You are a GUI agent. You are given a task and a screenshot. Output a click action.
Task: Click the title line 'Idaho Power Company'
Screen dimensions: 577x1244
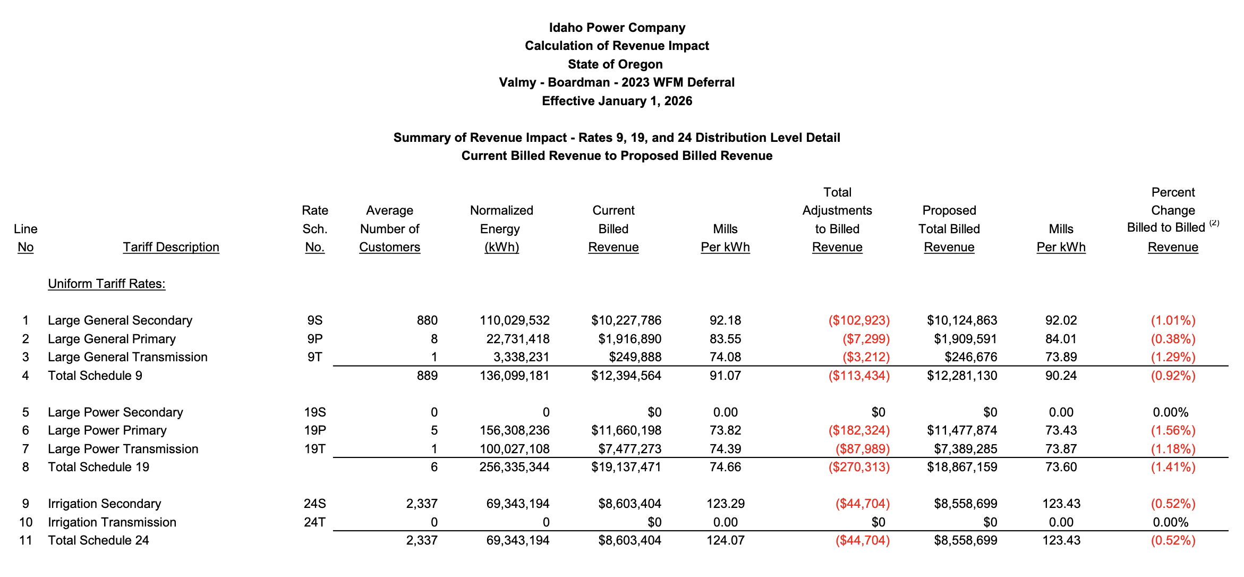pyautogui.click(x=617, y=28)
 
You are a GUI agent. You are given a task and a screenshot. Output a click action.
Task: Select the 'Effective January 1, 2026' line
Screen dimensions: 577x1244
pyautogui.click(x=617, y=101)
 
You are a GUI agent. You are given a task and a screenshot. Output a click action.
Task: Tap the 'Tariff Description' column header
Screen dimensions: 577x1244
pyautogui.click(x=171, y=247)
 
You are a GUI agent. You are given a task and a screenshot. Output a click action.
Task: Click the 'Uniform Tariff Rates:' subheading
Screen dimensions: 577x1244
pyautogui.click(x=106, y=284)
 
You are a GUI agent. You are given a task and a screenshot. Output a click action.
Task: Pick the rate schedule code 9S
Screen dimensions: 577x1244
pyautogui.click(x=314, y=320)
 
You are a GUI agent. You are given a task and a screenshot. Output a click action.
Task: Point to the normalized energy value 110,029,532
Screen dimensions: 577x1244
pyautogui.click(x=514, y=320)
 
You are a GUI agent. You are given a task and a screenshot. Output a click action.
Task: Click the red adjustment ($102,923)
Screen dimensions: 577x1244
pyautogui.click(x=858, y=320)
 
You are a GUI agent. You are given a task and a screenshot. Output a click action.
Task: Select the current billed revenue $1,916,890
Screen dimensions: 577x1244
pyautogui.click(x=629, y=339)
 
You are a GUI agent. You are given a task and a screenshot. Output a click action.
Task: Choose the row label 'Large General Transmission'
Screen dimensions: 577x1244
pyautogui.click(x=127, y=357)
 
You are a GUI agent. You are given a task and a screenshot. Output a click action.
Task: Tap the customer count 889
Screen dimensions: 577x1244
pyautogui.click(x=427, y=376)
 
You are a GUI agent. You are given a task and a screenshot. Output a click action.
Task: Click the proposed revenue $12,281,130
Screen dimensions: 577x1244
pyautogui.click(x=961, y=376)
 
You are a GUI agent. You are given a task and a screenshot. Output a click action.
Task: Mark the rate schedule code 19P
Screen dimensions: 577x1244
pyautogui.click(x=314, y=430)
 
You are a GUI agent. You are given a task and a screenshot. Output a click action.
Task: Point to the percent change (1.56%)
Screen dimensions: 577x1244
pyautogui.click(x=1173, y=430)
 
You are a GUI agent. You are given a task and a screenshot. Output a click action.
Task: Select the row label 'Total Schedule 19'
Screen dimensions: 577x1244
pyautogui.click(x=98, y=467)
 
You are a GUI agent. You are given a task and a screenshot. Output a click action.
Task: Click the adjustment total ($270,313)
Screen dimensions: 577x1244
pyautogui.click(x=858, y=467)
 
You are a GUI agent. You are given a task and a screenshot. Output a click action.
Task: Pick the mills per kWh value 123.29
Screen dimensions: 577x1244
pyautogui.click(x=725, y=504)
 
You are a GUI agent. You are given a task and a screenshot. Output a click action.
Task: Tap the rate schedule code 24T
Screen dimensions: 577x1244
pyautogui.click(x=314, y=522)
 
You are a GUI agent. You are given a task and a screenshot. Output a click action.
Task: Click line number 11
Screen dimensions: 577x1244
pyautogui.click(x=25, y=540)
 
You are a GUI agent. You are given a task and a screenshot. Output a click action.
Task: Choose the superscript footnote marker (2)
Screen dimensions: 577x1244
pyautogui.click(x=1214, y=223)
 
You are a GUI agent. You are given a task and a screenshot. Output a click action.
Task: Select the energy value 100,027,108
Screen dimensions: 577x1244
pyautogui.click(x=514, y=449)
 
